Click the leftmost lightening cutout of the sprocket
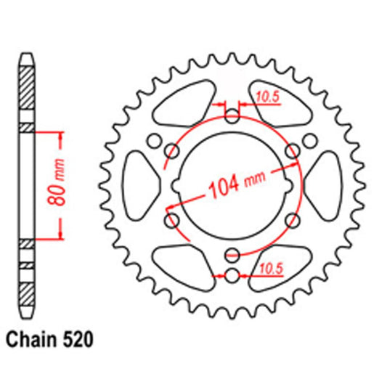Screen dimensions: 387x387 [x=139, y=184]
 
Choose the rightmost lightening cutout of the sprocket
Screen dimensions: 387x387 [x=323, y=184]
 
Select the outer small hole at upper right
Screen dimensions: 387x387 [x=309, y=140]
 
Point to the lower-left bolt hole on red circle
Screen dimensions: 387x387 [x=173, y=219]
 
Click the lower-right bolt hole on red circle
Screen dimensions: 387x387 [x=292, y=219]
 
